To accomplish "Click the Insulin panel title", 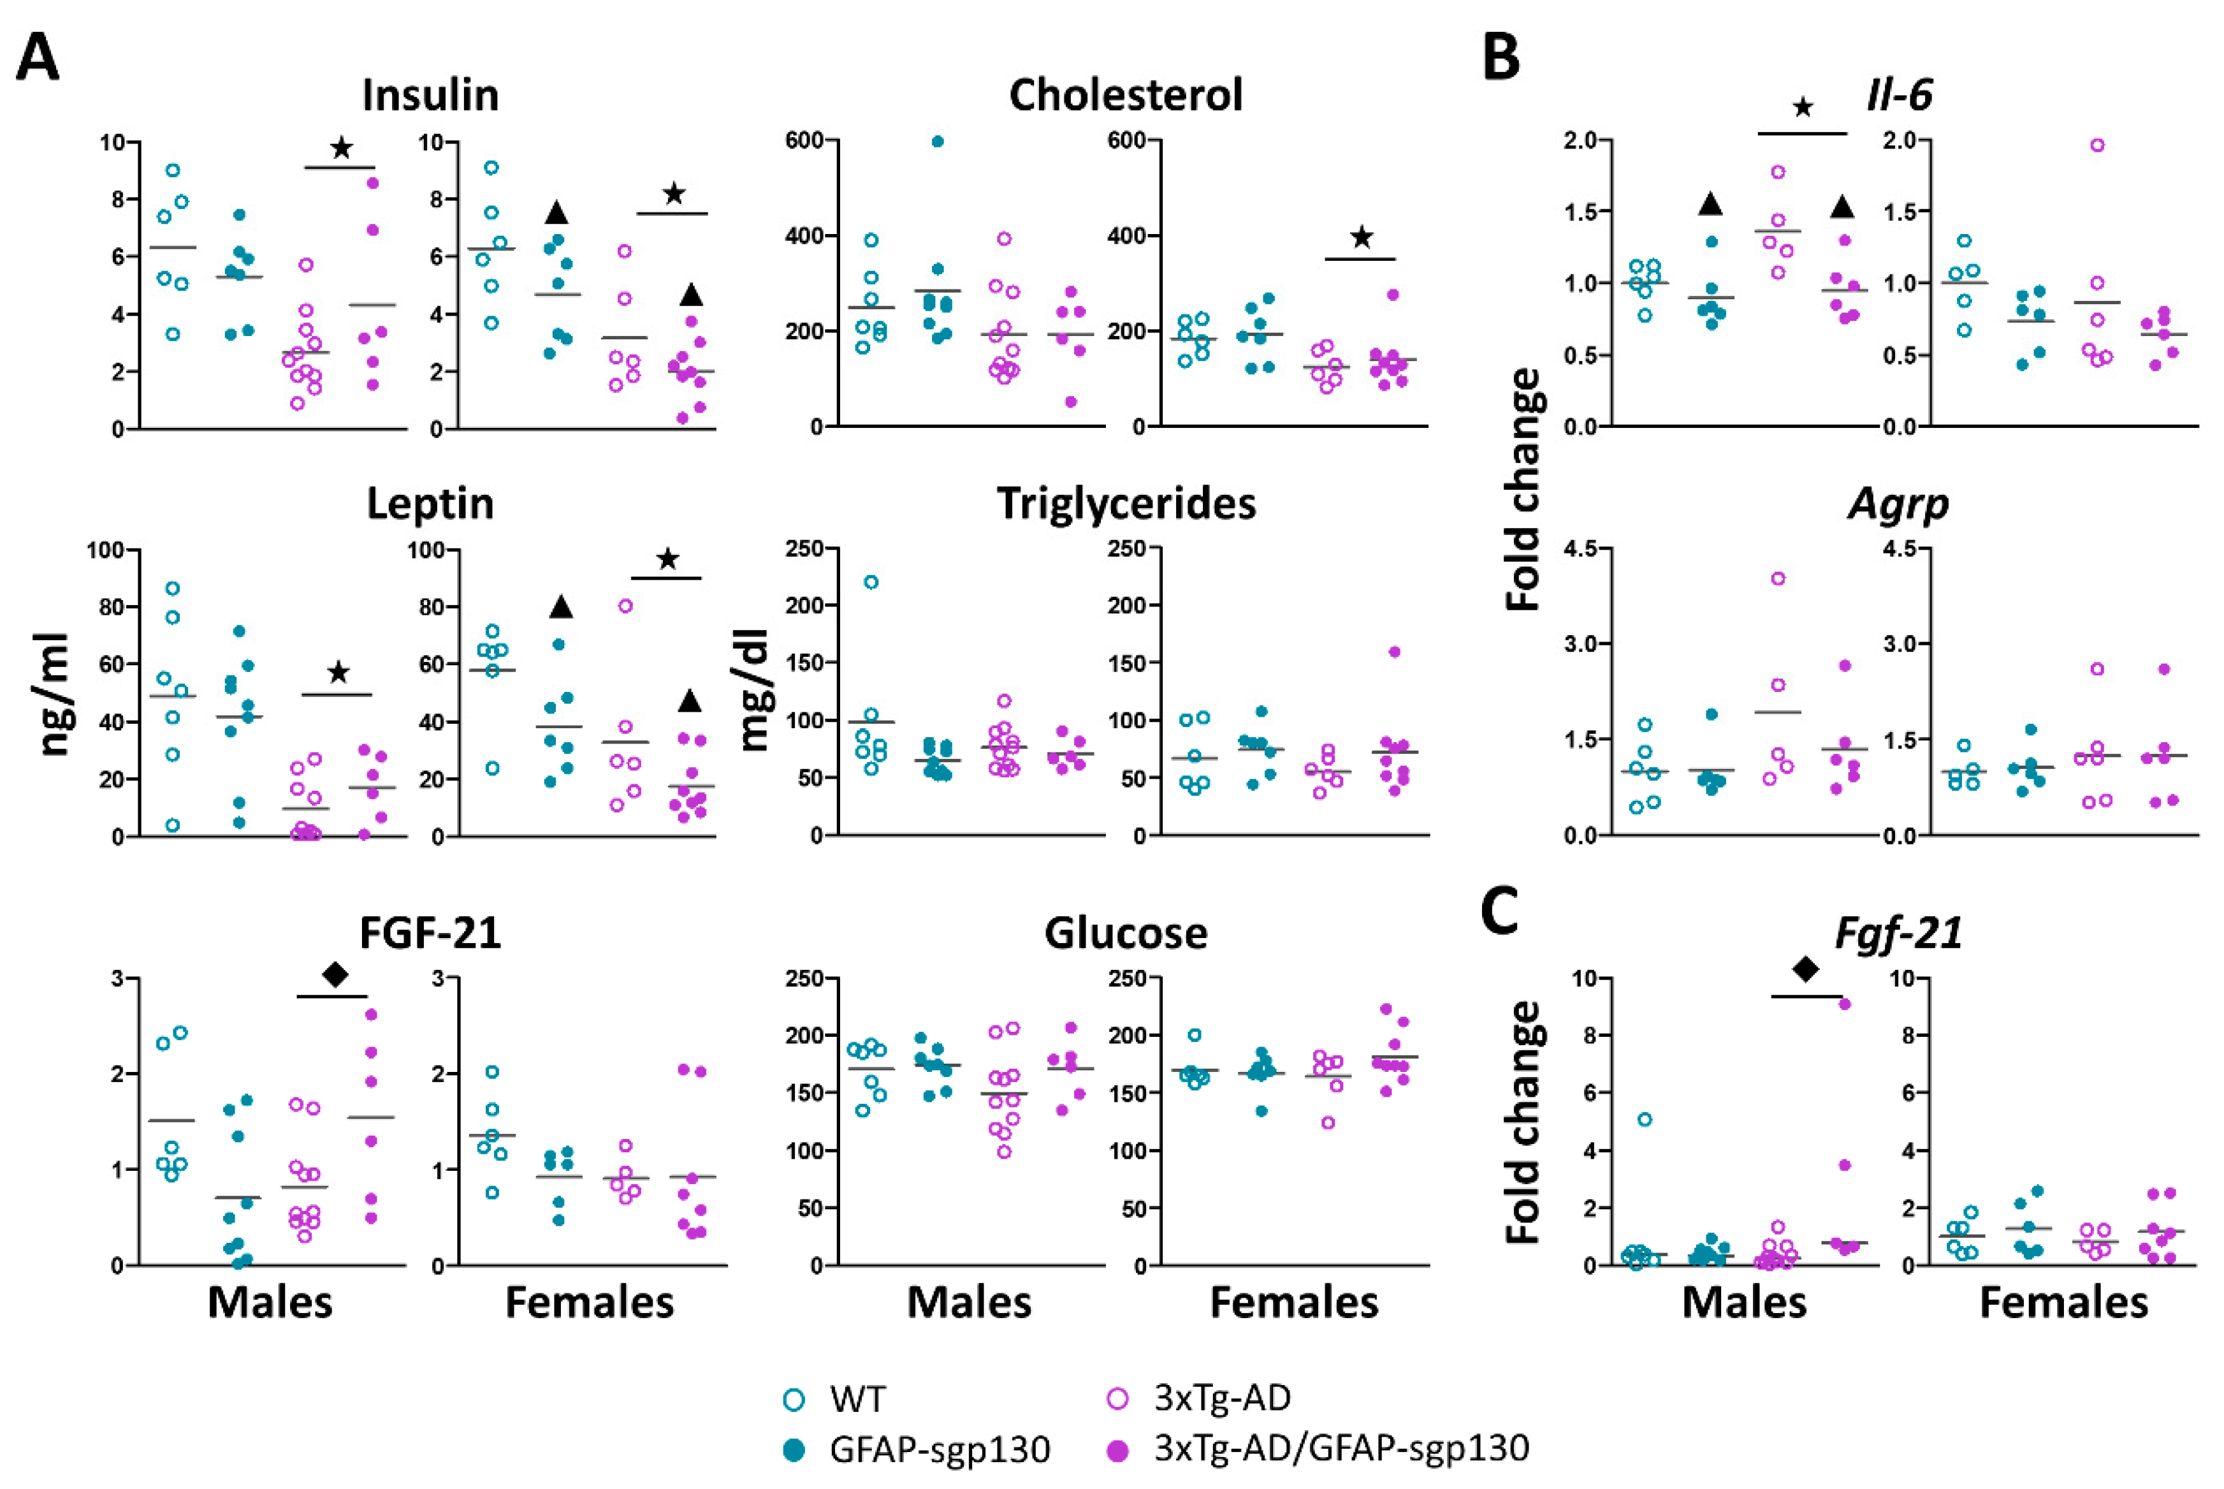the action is point(430,95).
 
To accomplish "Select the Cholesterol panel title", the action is point(1126,95).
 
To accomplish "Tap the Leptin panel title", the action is point(430,504).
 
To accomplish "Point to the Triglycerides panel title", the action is point(1126,504).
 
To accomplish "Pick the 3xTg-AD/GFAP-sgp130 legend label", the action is point(1342,1448).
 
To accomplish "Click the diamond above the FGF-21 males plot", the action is point(335,974).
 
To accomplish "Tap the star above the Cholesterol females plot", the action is point(1361,237).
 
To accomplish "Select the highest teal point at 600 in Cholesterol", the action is point(938,142).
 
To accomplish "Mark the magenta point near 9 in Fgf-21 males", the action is point(1844,1004).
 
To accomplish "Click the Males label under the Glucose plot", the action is point(969,1302).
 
